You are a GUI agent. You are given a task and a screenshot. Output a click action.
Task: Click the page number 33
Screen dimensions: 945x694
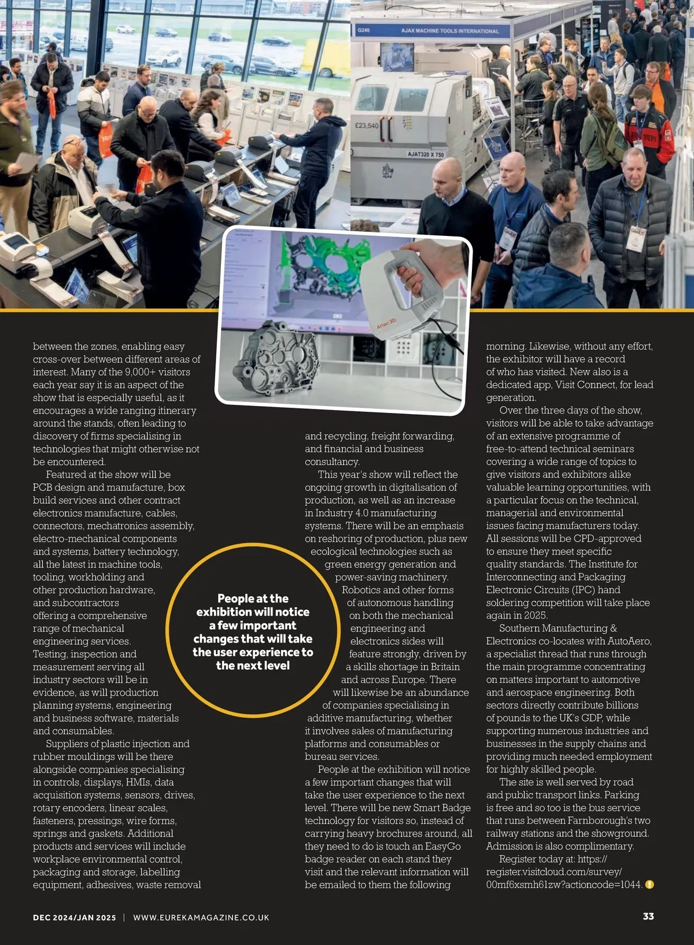pyautogui.click(x=648, y=916)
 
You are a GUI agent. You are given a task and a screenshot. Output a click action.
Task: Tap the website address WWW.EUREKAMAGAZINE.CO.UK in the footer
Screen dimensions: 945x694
pyautogui.click(x=201, y=917)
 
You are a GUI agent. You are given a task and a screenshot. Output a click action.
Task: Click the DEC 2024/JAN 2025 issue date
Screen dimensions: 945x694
pyautogui.click(x=75, y=917)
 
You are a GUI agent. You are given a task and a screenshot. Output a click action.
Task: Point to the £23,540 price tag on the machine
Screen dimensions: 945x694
pyautogui.click(x=367, y=125)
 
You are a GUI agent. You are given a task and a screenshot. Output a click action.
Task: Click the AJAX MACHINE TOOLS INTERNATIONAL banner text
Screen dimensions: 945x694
pyautogui.click(x=449, y=31)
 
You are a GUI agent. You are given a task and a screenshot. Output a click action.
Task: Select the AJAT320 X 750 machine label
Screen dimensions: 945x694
pyautogui.click(x=426, y=154)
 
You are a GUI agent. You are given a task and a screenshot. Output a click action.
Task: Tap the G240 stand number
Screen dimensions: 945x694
pyautogui.click(x=364, y=30)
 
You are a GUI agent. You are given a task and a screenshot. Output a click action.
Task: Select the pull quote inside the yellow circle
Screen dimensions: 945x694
pyautogui.click(x=253, y=632)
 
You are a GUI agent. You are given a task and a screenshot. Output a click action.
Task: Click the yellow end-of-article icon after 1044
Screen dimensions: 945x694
pyautogui.click(x=649, y=884)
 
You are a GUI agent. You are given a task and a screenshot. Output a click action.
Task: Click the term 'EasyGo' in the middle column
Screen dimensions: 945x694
pyautogui.click(x=442, y=846)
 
